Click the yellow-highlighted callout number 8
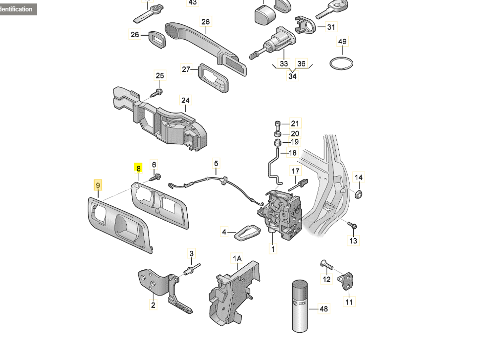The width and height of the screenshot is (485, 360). point(139,169)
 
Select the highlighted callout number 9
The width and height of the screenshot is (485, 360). point(99,185)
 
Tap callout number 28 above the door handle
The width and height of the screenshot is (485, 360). point(206,21)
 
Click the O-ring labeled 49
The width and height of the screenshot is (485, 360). point(342,63)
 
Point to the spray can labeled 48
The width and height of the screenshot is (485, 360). point(299,306)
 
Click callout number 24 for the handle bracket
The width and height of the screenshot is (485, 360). point(185,101)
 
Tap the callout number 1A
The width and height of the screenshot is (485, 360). point(238,258)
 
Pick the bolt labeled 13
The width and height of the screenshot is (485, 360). point(353,226)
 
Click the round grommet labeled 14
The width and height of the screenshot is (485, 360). point(359,192)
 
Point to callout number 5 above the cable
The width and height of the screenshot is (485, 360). point(216,163)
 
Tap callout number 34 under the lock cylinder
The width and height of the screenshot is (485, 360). point(293,76)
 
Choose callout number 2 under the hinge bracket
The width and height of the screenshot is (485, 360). point(153,305)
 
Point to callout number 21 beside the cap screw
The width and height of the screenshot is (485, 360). point(295,123)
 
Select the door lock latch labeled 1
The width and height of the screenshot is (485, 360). point(280,213)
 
